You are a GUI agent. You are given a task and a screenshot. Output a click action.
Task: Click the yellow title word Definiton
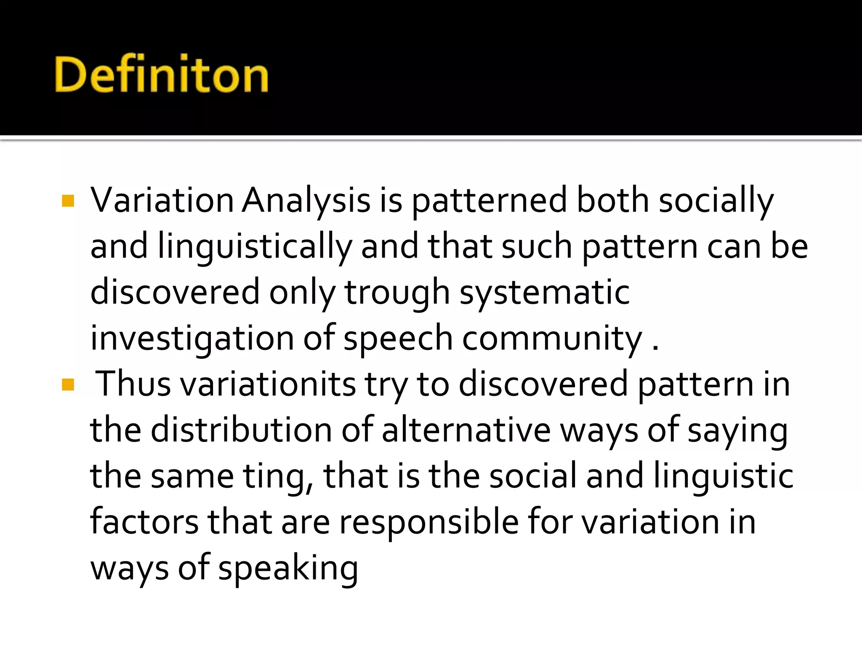(161, 74)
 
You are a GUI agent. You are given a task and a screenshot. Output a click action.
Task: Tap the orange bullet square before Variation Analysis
(68, 201)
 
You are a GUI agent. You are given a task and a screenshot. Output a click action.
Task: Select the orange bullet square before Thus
(68, 384)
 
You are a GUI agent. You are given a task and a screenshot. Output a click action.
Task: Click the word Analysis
(306, 201)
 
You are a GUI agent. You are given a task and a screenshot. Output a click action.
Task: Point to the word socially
(716, 201)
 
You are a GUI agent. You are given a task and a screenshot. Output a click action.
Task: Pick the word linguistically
(254, 247)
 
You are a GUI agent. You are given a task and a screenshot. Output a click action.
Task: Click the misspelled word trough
(397, 293)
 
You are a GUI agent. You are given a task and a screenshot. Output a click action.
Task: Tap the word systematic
(545, 293)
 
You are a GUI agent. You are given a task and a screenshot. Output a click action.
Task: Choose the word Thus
(133, 384)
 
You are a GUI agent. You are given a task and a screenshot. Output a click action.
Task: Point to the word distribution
(241, 431)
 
